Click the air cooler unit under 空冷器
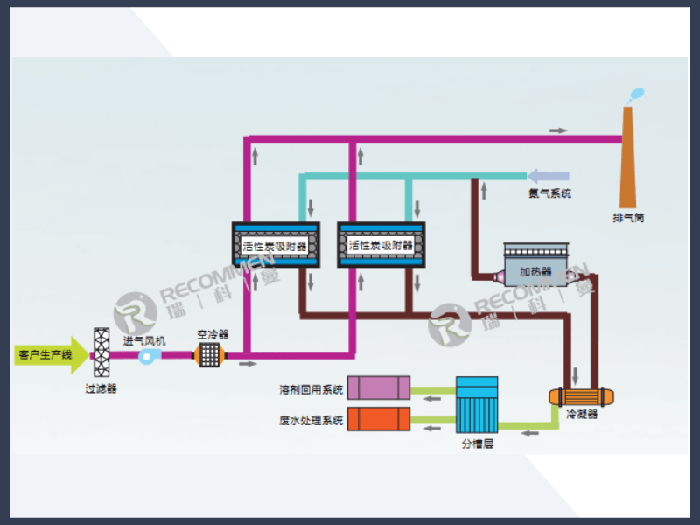(210, 354)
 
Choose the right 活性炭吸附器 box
(381, 246)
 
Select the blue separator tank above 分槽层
(477, 404)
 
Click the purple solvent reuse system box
(378, 388)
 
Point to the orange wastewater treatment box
(378, 419)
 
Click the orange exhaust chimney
(628, 157)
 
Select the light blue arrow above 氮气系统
(548, 177)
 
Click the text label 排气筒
(628, 217)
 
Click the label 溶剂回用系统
(311, 389)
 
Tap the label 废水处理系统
(311, 421)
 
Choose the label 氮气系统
(549, 193)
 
